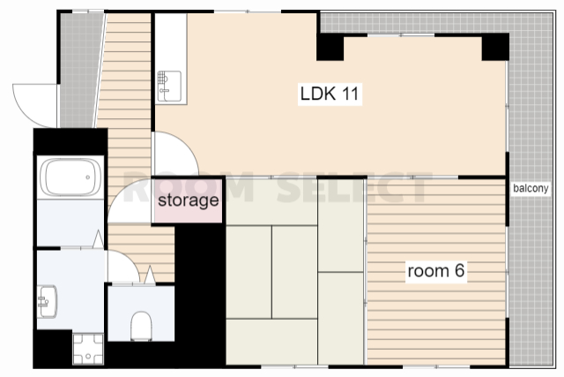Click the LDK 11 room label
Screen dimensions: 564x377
point(330,94)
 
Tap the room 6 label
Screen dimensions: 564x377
point(436,271)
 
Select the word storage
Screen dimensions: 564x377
point(188,200)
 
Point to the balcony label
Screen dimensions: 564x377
point(531,188)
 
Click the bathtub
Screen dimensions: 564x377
point(70,177)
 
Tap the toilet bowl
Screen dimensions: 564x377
point(141,326)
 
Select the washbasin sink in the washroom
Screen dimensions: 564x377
point(47,301)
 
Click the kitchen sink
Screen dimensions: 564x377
point(169,87)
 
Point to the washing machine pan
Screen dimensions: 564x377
point(88,349)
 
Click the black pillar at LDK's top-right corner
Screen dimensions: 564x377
point(495,47)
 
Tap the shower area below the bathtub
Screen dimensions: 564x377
point(70,222)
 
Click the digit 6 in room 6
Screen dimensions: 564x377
point(459,271)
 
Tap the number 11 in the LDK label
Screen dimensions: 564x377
point(350,94)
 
